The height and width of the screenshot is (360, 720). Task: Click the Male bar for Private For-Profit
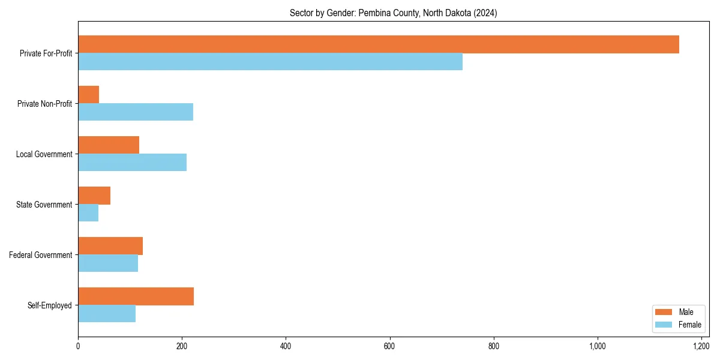pyautogui.click(x=378, y=44)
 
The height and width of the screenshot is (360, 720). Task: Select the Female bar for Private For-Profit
pyautogui.click(x=270, y=62)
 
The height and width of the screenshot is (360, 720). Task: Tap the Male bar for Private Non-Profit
pyautogui.click(x=89, y=95)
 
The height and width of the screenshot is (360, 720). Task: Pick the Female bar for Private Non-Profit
pyautogui.click(x=136, y=112)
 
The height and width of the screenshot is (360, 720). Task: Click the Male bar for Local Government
pyautogui.click(x=109, y=145)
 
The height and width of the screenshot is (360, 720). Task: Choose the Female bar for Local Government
pyautogui.click(x=132, y=163)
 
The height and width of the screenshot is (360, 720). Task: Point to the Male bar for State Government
pyautogui.click(x=94, y=196)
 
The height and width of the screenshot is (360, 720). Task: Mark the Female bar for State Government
pyautogui.click(x=88, y=213)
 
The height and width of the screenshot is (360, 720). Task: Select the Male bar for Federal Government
pyautogui.click(x=110, y=246)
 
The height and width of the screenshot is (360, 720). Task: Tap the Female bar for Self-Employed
pyautogui.click(x=107, y=314)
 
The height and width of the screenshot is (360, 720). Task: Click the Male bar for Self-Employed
pyautogui.click(x=136, y=296)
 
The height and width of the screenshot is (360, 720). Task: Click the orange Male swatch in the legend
pyautogui.click(x=664, y=312)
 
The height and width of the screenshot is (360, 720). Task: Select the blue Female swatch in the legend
pyautogui.click(x=664, y=325)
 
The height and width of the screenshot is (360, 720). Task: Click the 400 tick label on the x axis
pyautogui.click(x=286, y=346)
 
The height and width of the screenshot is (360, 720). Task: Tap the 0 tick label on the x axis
pyautogui.click(x=78, y=346)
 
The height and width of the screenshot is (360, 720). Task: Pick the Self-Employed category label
pyautogui.click(x=50, y=305)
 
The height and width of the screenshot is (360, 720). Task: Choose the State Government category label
pyautogui.click(x=44, y=205)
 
